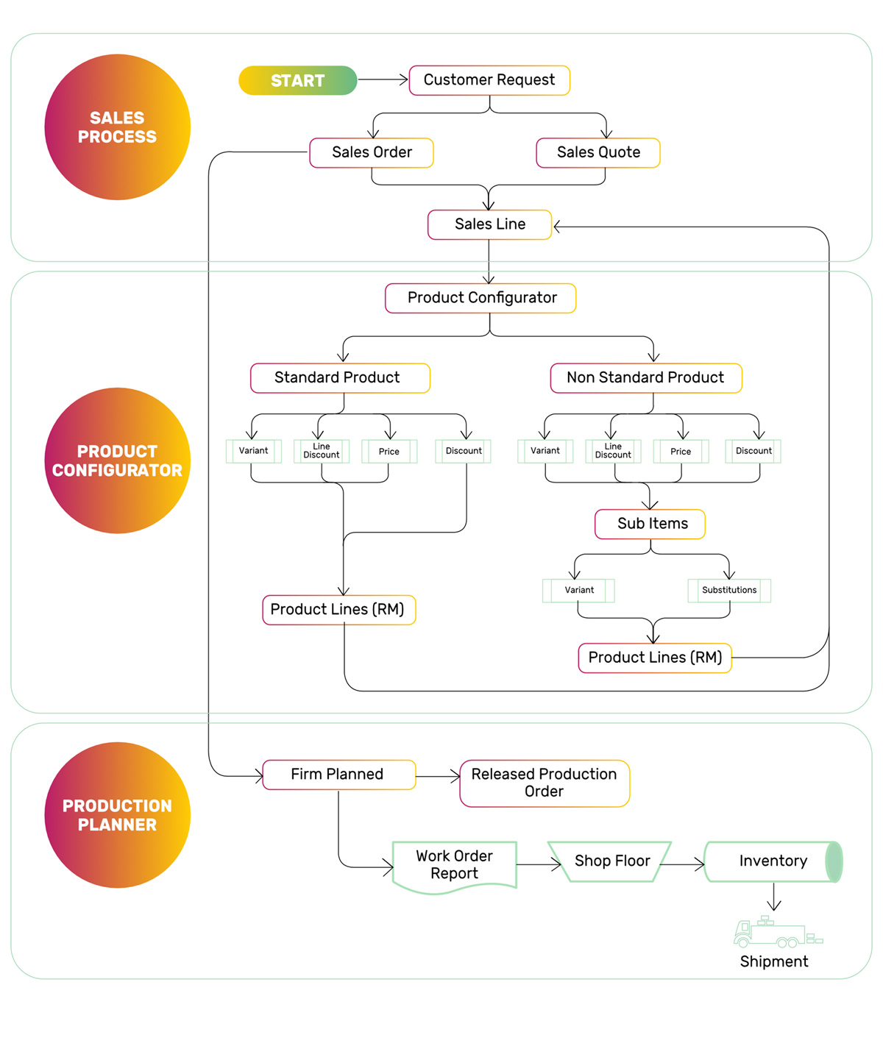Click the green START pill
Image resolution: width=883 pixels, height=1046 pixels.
click(x=298, y=80)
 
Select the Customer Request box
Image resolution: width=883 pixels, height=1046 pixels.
click(x=489, y=80)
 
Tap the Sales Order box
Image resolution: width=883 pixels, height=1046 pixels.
click(x=372, y=152)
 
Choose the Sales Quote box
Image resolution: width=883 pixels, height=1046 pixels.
click(x=597, y=152)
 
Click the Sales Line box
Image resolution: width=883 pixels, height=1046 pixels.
click(x=489, y=224)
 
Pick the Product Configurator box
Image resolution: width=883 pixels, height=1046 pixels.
click(x=480, y=298)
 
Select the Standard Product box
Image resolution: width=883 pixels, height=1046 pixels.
click(x=340, y=378)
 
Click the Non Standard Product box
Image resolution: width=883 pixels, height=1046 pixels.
click(x=646, y=378)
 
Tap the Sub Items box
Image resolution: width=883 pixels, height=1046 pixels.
click(x=650, y=524)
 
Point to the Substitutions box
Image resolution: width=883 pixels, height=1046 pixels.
click(x=729, y=590)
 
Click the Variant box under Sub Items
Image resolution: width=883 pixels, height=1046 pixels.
click(x=578, y=590)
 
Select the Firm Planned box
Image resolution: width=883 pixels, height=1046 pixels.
click(x=339, y=775)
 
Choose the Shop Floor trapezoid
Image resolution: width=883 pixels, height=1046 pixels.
click(x=609, y=861)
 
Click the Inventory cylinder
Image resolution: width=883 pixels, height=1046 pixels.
click(x=773, y=861)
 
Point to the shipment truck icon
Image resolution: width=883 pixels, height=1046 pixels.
click(x=778, y=932)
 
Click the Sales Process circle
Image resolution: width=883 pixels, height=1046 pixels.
click(x=117, y=127)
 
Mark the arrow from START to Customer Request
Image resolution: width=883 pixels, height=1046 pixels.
click(x=383, y=79)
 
